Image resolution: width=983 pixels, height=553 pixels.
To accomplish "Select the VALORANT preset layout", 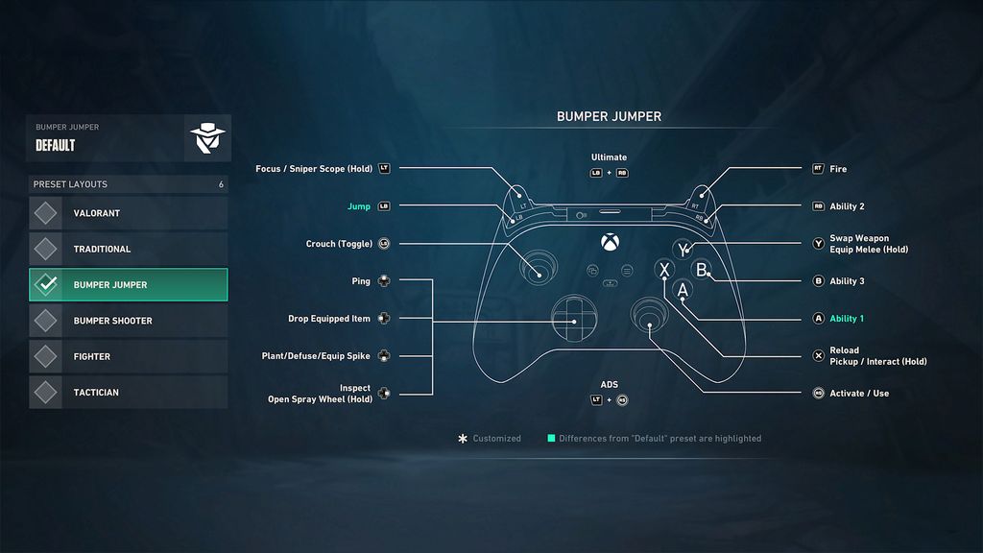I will pyautogui.click(x=128, y=213).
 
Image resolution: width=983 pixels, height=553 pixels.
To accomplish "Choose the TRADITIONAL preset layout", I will pyautogui.click(x=128, y=249).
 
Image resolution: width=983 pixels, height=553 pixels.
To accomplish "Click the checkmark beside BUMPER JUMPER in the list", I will pyautogui.click(x=46, y=284).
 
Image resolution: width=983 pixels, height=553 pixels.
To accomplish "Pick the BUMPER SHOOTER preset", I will pyautogui.click(x=128, y=321).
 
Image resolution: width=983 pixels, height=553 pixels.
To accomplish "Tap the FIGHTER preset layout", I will pyautogui.click(x=128, y=356).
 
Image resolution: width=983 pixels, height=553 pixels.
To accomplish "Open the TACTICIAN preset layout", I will pyautogui.click(x=128, y=392).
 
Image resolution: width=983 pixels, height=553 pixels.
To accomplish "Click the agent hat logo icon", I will pyautogui.click(x=205, y=138).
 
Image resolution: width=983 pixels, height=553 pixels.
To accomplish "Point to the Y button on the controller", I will pyautogui.click(x=683, y=250).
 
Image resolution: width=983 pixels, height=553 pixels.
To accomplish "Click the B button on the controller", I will pyautogui.click(x=702, y=270).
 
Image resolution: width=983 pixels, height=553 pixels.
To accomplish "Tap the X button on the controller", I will pyautogui.click(x=663, y=270).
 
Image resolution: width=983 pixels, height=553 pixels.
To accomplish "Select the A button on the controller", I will pyautogui.click(x=683, y=289).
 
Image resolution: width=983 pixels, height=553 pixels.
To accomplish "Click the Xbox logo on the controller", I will pyautogui.click(x=609, y=241).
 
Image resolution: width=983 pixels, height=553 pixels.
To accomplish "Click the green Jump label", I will pyautogui.click(x=358, y=206).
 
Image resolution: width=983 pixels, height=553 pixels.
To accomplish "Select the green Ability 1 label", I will pyautogui.click(x=847, y=319).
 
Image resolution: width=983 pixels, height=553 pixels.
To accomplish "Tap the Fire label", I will pyautogui.click(x=838, y=169).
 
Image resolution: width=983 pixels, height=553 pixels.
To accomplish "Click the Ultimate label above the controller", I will pyautogui.click(x=609, y=157).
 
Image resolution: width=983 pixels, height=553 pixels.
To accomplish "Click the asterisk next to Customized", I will pyautogui.click(x=463, y=439).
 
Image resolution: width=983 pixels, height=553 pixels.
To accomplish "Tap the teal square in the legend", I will pyautogui.click(x=551, y=439).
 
